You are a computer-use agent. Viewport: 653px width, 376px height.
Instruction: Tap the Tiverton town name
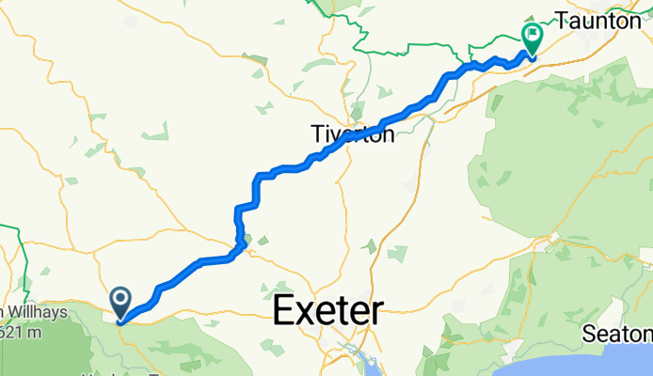pyautogui.click(x=352, y=135)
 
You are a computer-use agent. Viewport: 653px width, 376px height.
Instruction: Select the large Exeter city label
pyautogui.click(x=328, y=311)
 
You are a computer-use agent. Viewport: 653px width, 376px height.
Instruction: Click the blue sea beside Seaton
pyautogui.click(x=602, y=362)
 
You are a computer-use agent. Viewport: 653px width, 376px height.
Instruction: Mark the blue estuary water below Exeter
pyautogui.click(x=361, y=357)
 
